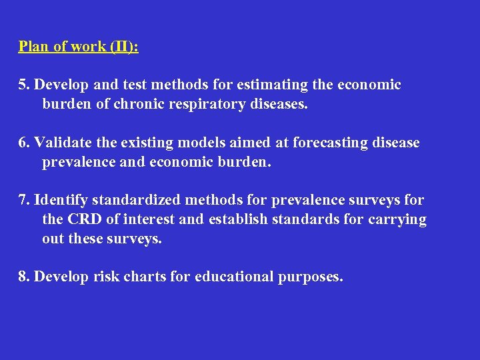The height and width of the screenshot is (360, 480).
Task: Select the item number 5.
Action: click(x=24, y=85)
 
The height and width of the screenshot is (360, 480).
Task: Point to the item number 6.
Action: click(x=24, y=143)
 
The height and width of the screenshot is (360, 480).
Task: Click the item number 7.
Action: click(x=24, y=201)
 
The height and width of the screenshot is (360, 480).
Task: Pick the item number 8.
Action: click(x=24, y=277)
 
